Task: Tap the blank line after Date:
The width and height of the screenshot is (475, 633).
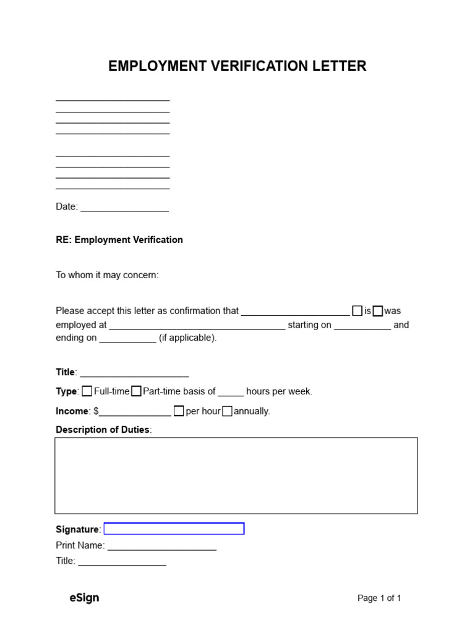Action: click(124, 207)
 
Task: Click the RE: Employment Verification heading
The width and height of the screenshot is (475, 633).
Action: click(119, 240)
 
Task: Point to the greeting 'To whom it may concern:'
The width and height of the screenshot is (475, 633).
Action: click(107, 275)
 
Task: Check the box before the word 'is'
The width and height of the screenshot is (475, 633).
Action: click(357, 311)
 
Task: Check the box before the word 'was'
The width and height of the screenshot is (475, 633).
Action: click(377, 311)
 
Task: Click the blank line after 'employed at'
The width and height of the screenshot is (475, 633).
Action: click(197, 325)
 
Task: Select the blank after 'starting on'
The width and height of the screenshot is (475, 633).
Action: click(362, 325)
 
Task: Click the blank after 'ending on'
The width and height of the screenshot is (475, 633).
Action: click(127, 339)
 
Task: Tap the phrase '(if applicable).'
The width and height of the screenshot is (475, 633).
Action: click(188, 339)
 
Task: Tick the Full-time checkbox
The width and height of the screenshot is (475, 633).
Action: click(87, 391)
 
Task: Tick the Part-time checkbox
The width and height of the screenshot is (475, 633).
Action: click(136, 391)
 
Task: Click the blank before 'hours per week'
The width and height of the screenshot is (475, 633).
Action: click(231, 392)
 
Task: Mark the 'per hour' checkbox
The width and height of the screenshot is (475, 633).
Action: click(179, 411)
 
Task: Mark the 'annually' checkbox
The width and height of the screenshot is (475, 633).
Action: click(227, 411)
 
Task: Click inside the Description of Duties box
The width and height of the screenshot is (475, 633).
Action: click(236, 475)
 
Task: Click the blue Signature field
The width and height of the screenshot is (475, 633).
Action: click(174, 529)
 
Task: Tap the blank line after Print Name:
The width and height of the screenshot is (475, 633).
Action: click(162, 546)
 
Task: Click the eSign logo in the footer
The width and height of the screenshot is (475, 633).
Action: click(84, 598)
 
